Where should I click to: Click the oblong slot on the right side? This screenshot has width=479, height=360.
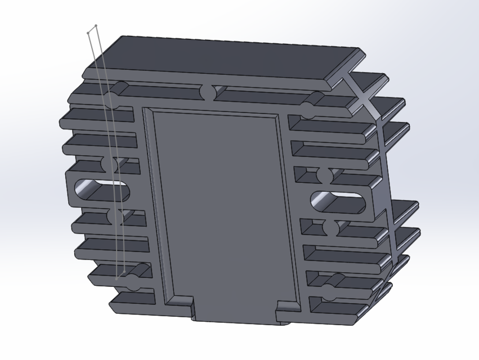tap(338, 201)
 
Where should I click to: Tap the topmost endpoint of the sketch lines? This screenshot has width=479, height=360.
tap(96, 25)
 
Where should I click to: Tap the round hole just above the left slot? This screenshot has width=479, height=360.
tap(111, 164)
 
